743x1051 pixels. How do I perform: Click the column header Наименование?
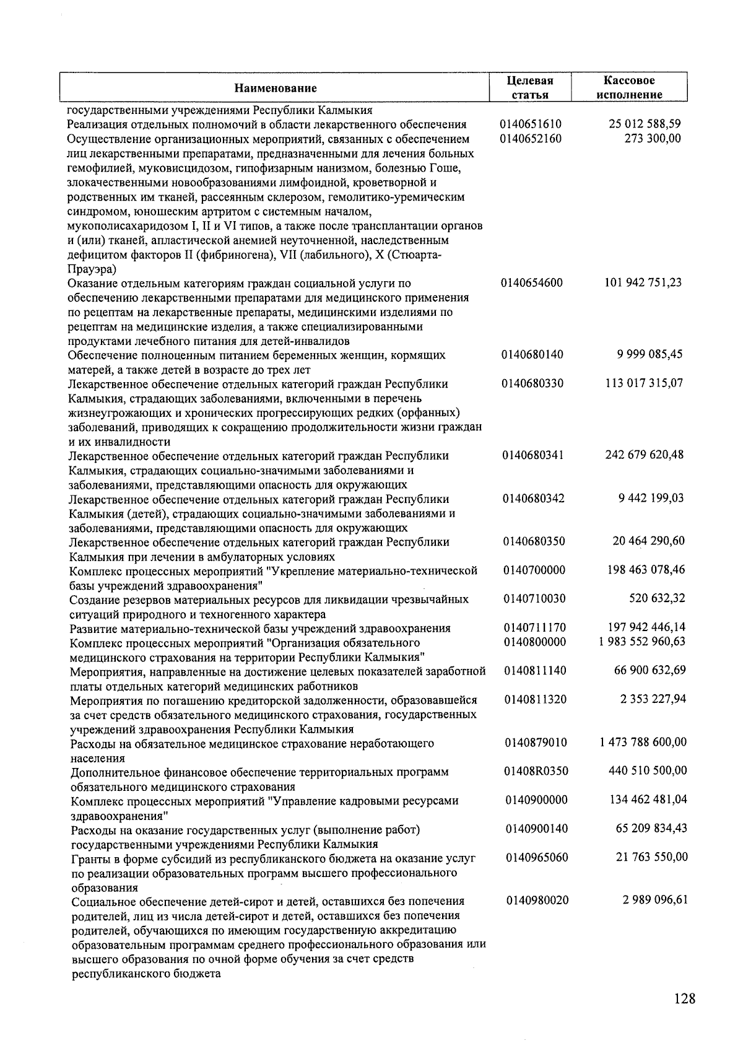click(275, 88)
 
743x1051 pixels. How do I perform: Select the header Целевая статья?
click(529, 87)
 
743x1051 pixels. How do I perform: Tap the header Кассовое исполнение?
click(628, 87)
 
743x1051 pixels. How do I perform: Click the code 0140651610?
click(531, 124)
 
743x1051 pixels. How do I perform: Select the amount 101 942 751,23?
click(643, 282)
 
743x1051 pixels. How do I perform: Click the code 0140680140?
click(532, 355)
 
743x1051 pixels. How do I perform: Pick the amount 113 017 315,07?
click(644, 383)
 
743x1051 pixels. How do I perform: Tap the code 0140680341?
click(533, 455)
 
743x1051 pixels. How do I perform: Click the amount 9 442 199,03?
click(651, 498)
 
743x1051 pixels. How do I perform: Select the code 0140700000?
click(534, 570)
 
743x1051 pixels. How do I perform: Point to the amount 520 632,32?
click(656, 598)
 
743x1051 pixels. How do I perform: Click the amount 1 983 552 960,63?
click(642, 641)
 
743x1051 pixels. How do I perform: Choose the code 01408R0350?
click(536, 771)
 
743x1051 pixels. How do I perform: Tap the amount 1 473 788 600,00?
click(643, 742)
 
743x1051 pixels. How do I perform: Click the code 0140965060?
click(536, 857)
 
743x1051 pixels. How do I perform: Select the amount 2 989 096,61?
click(655, 900)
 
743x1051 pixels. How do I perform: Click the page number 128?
click(684, 998)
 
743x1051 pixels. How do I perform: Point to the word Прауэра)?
click(91, 269)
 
